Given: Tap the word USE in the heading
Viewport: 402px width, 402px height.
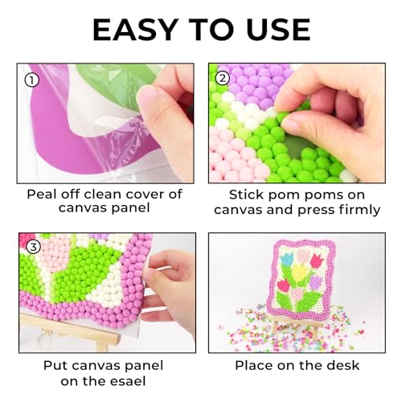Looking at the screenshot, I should (x=270, y=29).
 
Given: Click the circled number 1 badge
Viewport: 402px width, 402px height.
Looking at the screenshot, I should (x=31, y=79).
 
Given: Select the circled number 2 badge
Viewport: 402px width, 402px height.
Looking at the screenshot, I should (x=224, y=79).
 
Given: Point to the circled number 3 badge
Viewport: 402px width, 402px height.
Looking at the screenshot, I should (x=31, y=248).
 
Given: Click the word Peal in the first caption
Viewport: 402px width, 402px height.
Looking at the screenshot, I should (x=43, y=194).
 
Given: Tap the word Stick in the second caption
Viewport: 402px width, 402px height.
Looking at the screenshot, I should (x=247, y=194).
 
